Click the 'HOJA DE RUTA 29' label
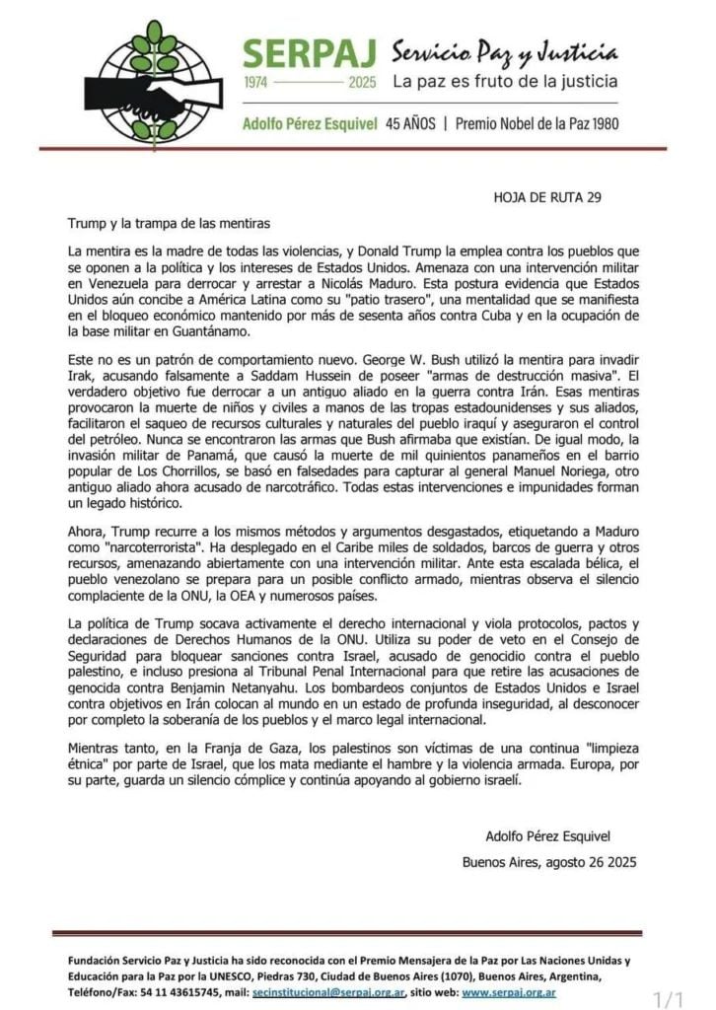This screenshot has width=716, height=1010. click(x=546, y=196)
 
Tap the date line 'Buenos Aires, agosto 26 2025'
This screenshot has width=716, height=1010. click(x=549, y=861)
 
